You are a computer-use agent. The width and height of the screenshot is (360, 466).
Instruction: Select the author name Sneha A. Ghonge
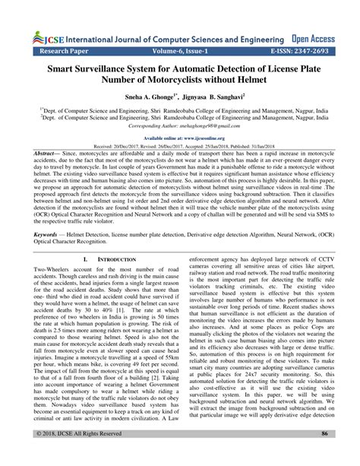click(x=142, y=99)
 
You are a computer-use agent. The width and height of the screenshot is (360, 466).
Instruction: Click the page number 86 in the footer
click(x=324, y=454)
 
